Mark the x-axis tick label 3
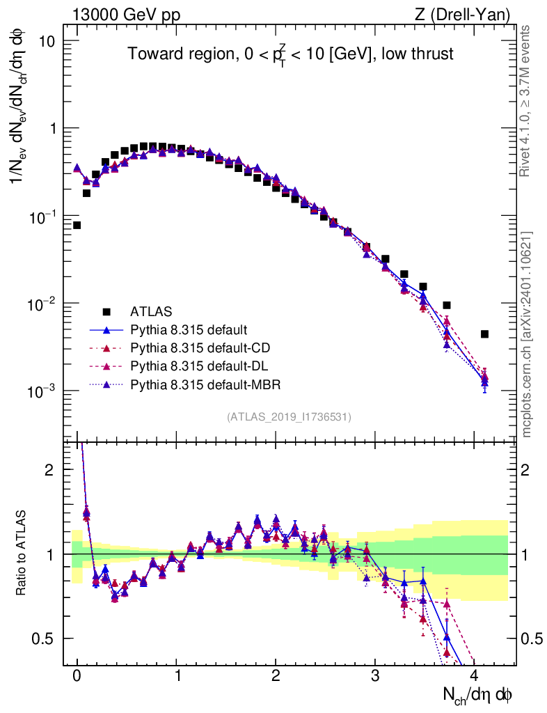(375, 676)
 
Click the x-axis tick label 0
(77, 676)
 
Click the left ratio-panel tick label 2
(49, 469)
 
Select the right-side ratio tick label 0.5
(532, 638)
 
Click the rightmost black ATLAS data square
(484, 334)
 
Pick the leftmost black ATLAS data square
(77, 225)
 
